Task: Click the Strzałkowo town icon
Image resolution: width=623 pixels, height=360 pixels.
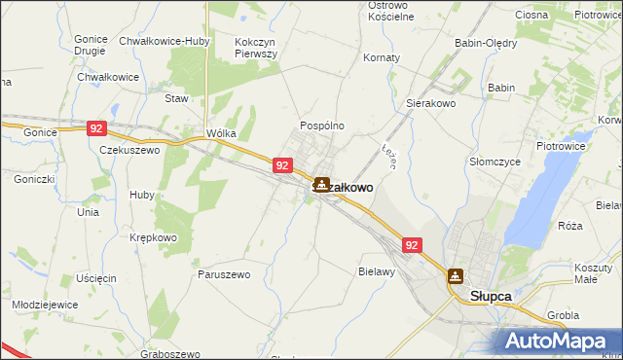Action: pos(320,184)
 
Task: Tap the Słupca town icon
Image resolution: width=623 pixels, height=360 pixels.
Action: pos(455,275)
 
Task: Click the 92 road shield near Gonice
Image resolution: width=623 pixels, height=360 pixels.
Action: pos(95,127)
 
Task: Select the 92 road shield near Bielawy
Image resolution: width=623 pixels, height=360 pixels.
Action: pos(412,246)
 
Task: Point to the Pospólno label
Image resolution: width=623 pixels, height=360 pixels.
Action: pos(321,126)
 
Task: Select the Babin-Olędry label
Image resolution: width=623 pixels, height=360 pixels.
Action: pos(486,43)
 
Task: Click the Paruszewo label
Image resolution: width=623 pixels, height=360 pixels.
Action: pos(224,274)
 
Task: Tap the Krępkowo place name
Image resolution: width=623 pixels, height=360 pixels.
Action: pos(153,237)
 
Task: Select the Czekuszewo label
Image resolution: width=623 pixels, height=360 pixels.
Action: pos(129,151)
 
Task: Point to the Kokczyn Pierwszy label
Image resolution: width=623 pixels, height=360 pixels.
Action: pos(256,49)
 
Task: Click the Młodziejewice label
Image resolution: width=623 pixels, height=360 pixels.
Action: pos(45,304)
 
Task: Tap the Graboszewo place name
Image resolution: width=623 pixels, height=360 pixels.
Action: pos(169,354)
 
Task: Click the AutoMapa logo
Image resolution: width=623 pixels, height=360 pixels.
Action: pos(558,341)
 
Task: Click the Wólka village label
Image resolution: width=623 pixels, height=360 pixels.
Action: pos(221,133)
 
